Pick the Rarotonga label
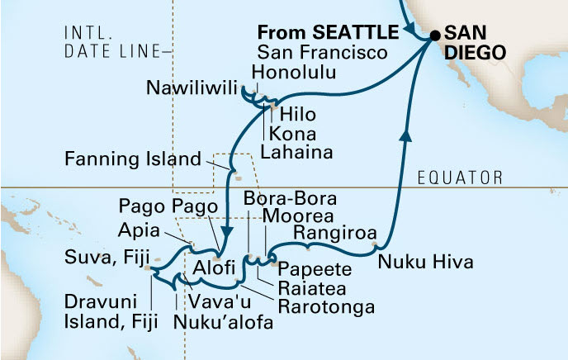click(326, 306)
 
